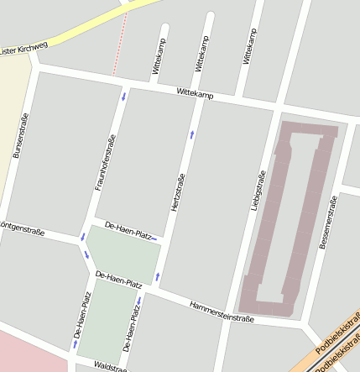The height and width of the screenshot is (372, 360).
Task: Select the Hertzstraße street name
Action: pyautogui.click(x=179, y=191)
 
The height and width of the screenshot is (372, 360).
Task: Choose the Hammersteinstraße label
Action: pyautogui.click(x=222, y=312)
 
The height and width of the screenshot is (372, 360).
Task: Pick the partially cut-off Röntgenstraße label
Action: pyautogui.click(x=22, y=228)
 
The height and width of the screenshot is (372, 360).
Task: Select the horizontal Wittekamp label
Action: pyautogui.click(x=195, y=94)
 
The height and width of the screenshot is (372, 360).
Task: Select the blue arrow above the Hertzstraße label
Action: pyautogui.click(x=192, y=134)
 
